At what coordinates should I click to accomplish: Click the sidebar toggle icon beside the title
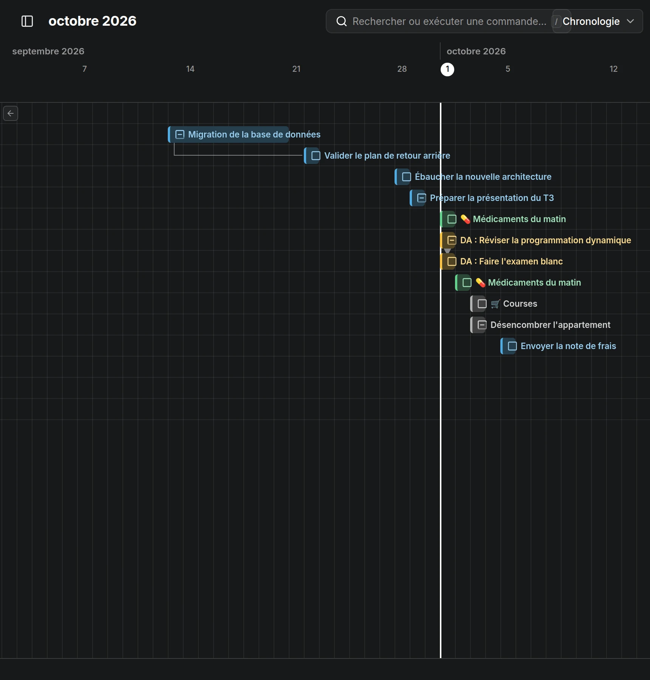27,21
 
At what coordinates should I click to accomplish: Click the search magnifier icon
341,21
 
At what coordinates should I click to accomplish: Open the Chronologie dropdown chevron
630,21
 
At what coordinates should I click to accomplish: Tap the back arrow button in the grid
11,113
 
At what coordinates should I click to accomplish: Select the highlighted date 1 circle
447,69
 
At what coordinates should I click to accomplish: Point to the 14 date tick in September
190,69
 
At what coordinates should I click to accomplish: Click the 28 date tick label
402,69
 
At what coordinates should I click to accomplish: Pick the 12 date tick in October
613,69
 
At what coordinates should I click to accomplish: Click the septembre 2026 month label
48,51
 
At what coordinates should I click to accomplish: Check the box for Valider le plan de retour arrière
316,156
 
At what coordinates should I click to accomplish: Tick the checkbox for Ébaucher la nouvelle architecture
407,177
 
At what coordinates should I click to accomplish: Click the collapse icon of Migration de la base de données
180,134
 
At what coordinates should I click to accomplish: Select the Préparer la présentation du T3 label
492,198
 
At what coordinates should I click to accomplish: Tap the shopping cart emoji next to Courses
495,304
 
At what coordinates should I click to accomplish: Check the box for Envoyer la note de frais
512,346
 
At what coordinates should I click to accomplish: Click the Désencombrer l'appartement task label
550,325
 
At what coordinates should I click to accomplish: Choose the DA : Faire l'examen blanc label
511,261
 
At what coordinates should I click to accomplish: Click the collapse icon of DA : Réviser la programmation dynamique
452,240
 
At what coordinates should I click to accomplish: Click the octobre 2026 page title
93,21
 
